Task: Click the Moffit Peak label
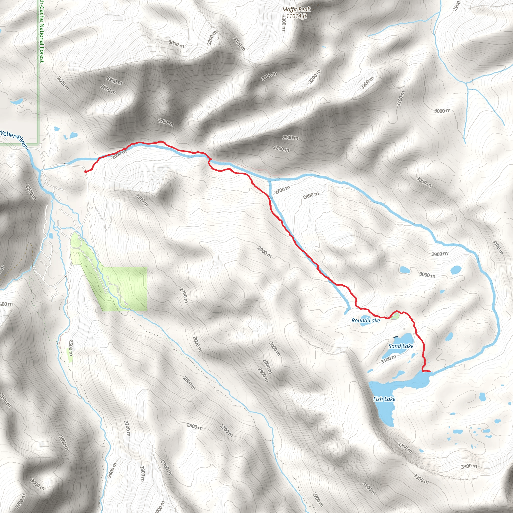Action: [x=296, y=10]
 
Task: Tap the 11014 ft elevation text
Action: [x=296, y=16]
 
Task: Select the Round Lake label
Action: [x=365, y=320]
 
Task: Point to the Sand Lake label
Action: [x=401, y=346]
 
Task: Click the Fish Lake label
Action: [x=384, y=399]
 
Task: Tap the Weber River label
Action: [x=13, y=138]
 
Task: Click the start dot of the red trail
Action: [x=85, y=172]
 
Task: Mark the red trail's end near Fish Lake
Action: [x=430, y=371]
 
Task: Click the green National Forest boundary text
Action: [x=41, y=32]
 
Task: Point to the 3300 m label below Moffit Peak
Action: [x=284, y=22]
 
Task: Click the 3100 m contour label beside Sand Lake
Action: [x=389, y=359]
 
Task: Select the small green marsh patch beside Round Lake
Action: [x=395, y=316]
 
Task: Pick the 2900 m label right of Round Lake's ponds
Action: [x=439, y=254]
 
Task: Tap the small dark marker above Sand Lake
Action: [x=396, y=337]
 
